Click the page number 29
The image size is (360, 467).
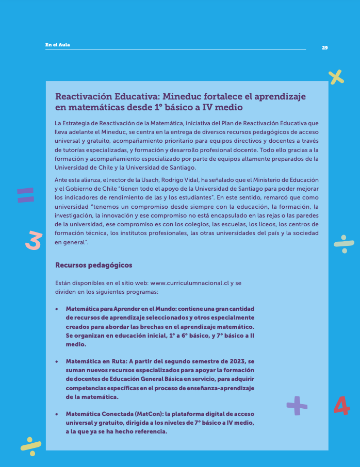(x=324, y=48)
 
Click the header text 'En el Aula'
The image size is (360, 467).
(x=57, y=45)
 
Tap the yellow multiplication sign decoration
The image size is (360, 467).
(x=336, y=77)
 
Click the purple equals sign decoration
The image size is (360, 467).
(x=25, y=195)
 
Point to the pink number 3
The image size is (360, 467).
(x=33, y=240)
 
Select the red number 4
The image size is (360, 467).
(x=341, y=406)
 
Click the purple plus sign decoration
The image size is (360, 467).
(x=297, y=405)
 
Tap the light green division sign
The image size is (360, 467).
(x=343, y=244)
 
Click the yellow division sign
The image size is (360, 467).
(x=31, y=445)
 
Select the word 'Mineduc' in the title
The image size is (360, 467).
(x=183, y=96)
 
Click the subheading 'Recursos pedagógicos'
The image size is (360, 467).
(x=93, y=265)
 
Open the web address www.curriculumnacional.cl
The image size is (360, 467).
(x=189, y=283)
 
